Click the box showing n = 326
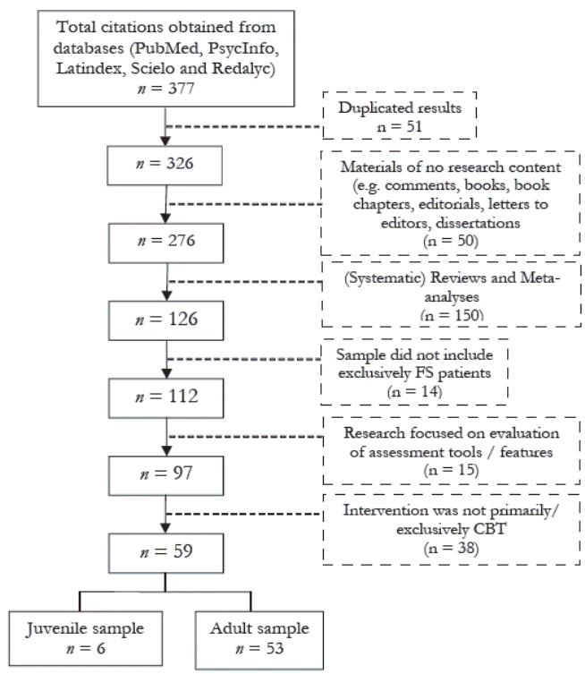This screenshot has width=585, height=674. click(165, 166)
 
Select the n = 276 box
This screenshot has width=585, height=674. click(166, 243)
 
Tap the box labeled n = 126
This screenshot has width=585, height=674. click(166, 320)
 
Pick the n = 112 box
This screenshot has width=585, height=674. click(166, 398)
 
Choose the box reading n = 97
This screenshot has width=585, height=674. click(166, 475)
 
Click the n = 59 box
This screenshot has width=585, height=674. click(166, 553)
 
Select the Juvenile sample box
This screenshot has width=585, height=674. click(86, 638)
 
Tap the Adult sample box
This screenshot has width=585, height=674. click(259, 640)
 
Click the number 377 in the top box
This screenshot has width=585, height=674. click(182, 89)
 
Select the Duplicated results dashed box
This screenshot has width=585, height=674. click(400, 115)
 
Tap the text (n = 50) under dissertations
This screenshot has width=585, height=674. click(451, 241)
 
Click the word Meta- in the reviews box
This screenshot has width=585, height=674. click(540, 277)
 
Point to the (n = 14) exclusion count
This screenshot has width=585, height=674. click(414, 391)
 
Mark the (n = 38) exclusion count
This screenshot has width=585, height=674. click(451, 548)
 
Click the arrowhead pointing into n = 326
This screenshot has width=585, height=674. click(165, 141)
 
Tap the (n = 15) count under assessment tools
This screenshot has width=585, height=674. click(451, 470)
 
